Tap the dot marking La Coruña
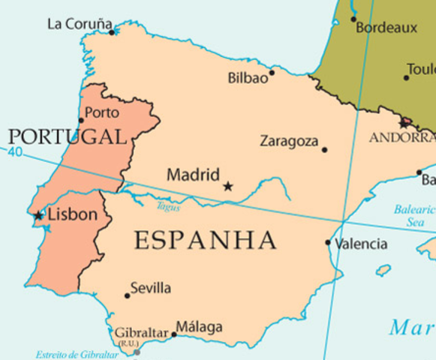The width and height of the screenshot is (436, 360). (112, 32)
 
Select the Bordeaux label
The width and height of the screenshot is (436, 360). (386, 28)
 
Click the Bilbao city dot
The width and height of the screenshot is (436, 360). (272, 73)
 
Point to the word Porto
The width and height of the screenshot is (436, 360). (102, 112)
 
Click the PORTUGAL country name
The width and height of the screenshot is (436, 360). (67, 136)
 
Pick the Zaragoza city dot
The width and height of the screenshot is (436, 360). (324, 149)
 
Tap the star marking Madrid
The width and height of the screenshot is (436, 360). (228, 185)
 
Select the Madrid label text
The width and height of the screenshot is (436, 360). (193, 175)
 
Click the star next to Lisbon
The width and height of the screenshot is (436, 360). (38, 215)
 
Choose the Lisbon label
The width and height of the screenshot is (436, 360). (72, 214)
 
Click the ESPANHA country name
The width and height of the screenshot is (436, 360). (205, 241)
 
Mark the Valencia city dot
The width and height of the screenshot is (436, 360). (328, 242)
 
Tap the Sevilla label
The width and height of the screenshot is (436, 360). (150, 288)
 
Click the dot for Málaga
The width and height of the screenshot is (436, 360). (173, 334)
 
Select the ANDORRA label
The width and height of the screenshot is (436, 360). (402, 138)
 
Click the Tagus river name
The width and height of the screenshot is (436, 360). (168, 206)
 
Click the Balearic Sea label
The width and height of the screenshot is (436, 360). (414, 216)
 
